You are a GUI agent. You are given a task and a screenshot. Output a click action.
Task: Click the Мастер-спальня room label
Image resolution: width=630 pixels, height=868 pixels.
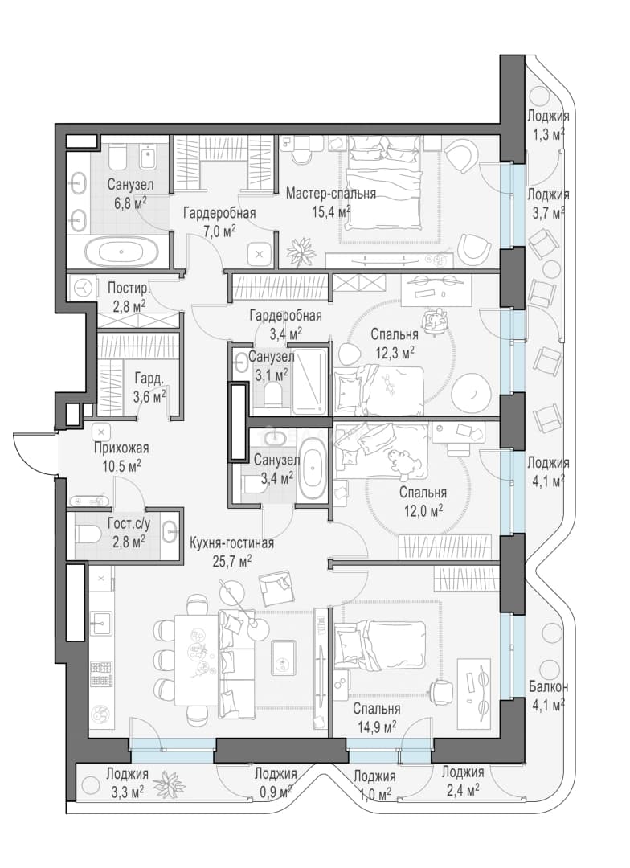(x=330, y=194)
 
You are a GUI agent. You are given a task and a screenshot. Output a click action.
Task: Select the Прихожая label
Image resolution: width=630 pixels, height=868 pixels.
(x=121, y=448)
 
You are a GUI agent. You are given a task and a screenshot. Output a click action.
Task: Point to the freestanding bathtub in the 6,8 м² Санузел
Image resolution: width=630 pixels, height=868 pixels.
(x=128, y=251)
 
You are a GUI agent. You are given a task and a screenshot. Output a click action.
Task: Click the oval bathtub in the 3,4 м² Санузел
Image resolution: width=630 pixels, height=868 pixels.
(x=314, y=469)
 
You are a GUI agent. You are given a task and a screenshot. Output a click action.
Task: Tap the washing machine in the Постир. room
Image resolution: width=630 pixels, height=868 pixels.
(x=83, y=287)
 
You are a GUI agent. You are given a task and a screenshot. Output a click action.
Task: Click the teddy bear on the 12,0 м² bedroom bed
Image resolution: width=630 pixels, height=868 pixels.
(x=401, y=463)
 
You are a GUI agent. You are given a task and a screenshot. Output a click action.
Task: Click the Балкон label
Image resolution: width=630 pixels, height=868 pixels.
(x=548, y=687)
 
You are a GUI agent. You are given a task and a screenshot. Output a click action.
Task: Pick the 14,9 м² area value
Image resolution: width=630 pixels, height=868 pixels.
(x=376, y=727)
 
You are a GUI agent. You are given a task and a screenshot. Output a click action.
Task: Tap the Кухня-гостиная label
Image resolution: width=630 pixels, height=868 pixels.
(x=231, y=543)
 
